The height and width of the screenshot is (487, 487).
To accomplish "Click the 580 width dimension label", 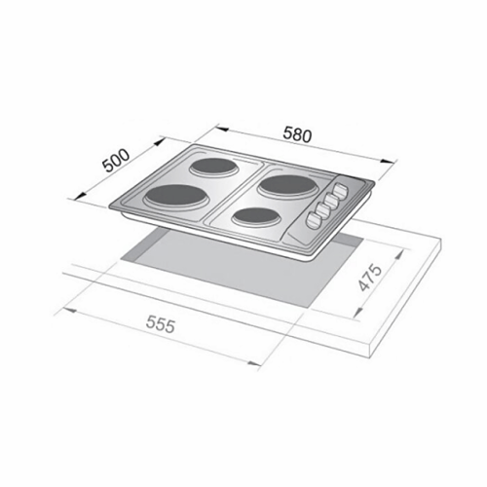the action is pos(297,135).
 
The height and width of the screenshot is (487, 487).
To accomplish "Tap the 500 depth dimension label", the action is pos(116,161).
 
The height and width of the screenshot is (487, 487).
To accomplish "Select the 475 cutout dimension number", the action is pos(370,278).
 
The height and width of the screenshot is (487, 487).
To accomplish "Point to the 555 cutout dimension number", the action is pos(161,324).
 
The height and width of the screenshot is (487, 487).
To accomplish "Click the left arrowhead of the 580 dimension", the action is pos(221,130).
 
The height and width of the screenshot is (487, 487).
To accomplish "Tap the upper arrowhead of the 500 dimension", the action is pos(160,141).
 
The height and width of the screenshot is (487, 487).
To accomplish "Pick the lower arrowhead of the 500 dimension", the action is pos(81,196).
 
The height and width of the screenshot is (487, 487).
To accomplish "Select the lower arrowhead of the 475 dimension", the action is pos(357,313).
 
